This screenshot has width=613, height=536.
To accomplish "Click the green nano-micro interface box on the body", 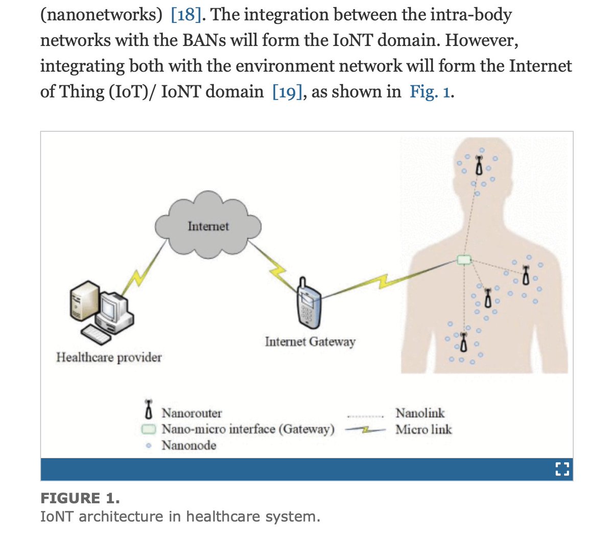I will [x=463, y=260].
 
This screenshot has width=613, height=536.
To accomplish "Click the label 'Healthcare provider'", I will [x=109, y=357].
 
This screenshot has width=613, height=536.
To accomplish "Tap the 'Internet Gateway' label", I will [x=310, y=341].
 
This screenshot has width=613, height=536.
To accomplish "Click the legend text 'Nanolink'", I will [x=420, y=412].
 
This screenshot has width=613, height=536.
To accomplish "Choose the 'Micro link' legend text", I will [x=423, y=429].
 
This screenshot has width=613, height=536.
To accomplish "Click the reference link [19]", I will [x=287, y=91].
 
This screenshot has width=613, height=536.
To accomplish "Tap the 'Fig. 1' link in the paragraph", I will [x=430, y=91].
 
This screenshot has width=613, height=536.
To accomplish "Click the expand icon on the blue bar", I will [x=561, y=469].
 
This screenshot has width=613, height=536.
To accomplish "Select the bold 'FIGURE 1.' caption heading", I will [x=80, y=498].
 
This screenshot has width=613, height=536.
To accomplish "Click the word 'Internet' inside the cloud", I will [x=208, y=226].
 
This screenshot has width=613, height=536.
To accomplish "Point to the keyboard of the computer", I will [x=97, y=335].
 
